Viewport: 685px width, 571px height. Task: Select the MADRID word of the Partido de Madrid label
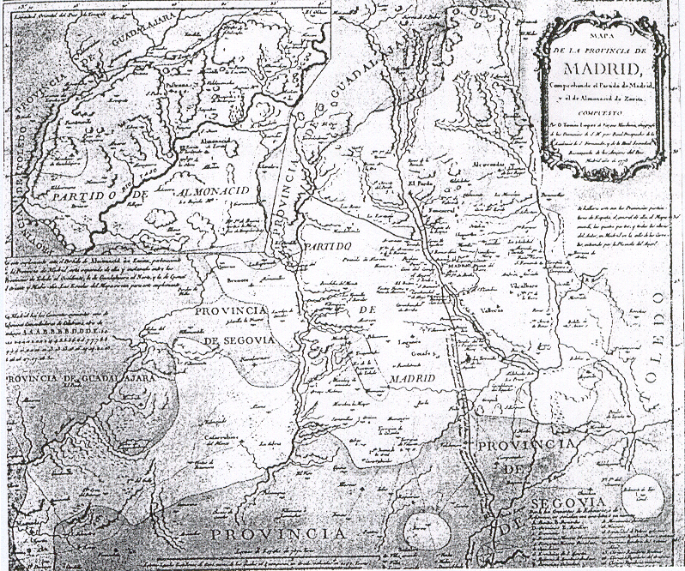[412, 378]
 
